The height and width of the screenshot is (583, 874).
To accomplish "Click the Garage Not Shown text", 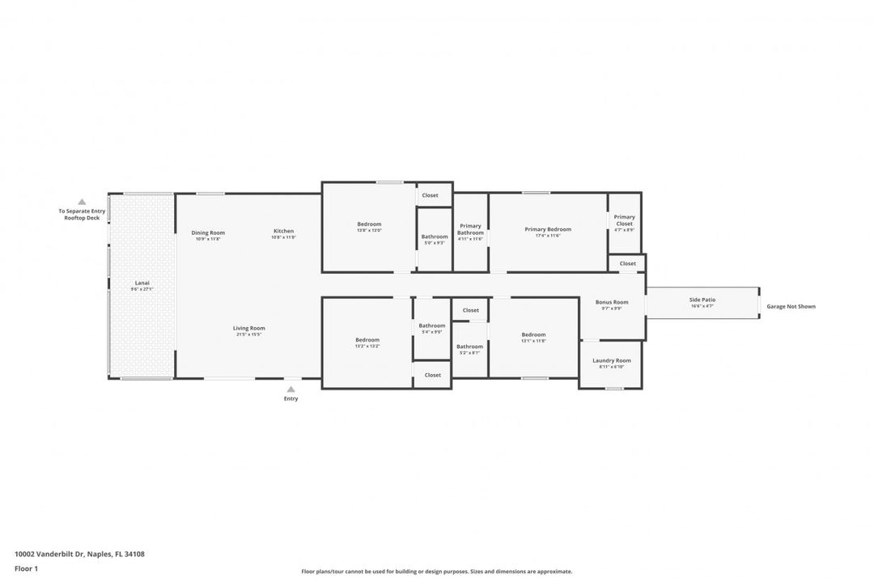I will tap(791, 307).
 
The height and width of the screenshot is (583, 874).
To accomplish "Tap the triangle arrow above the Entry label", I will tap(291, 389).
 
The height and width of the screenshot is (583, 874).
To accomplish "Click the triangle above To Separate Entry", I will tap(82, 202).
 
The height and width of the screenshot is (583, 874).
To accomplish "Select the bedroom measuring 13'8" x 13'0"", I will tap(369, 227).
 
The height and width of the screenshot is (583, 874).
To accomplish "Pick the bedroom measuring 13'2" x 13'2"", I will tap(367, 342).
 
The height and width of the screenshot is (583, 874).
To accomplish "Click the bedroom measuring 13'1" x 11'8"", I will tap(533, 337).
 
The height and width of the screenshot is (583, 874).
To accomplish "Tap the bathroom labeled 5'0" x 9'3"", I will tap(434, 239).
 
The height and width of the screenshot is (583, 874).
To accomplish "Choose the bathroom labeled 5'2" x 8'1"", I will tap(469, 349).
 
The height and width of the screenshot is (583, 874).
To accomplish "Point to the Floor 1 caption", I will tap(26, 569).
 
